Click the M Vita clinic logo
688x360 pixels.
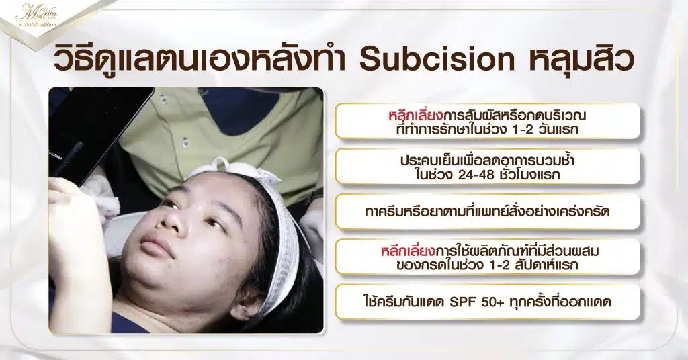click(37, 15)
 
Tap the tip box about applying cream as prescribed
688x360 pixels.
click(487, 212)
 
